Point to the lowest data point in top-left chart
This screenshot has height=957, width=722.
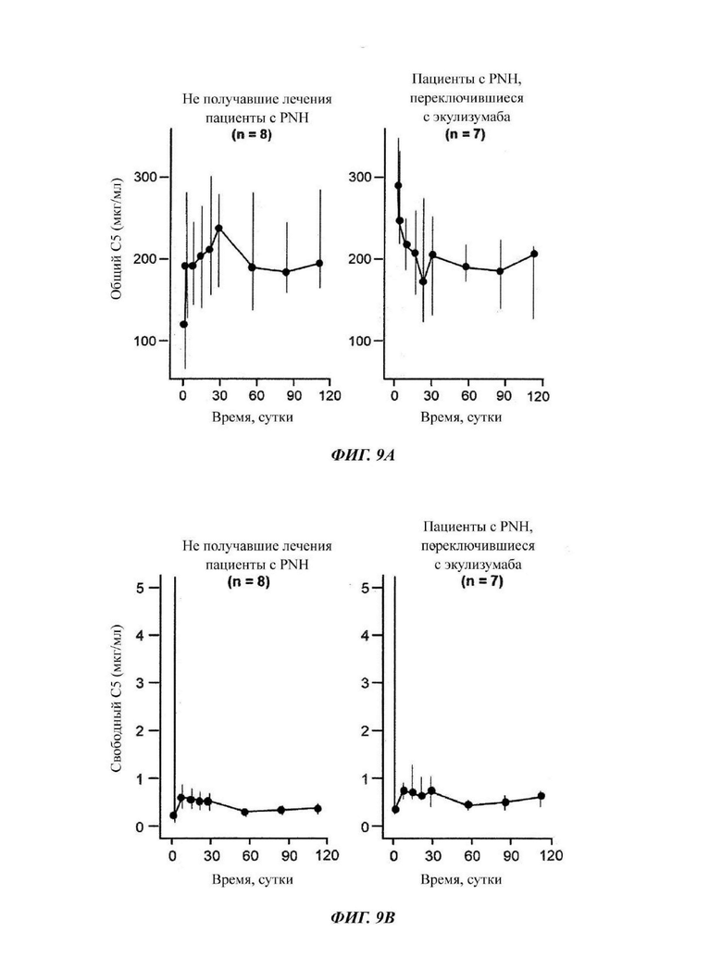click(x=183, y=324)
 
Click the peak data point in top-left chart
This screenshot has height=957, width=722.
click(x=219, y=229)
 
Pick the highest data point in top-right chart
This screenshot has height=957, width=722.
click(x=398, y=185)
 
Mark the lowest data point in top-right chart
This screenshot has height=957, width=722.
click(x=423, y=281)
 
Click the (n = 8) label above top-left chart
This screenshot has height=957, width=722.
click(x=251, y=134)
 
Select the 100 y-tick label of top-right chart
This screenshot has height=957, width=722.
click(x=359, y=341)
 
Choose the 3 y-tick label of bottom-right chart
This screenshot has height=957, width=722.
click(x=365, y=683)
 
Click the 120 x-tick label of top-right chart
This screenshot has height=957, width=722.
click(x=539, y=397)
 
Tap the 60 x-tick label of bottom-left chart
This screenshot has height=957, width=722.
click(x=250, y=856)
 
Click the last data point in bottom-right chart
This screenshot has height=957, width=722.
click(x=541, y=796)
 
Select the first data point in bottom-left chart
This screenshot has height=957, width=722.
click(x=173, y=815)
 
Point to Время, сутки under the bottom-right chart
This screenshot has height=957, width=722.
click(x=461, y=879)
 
